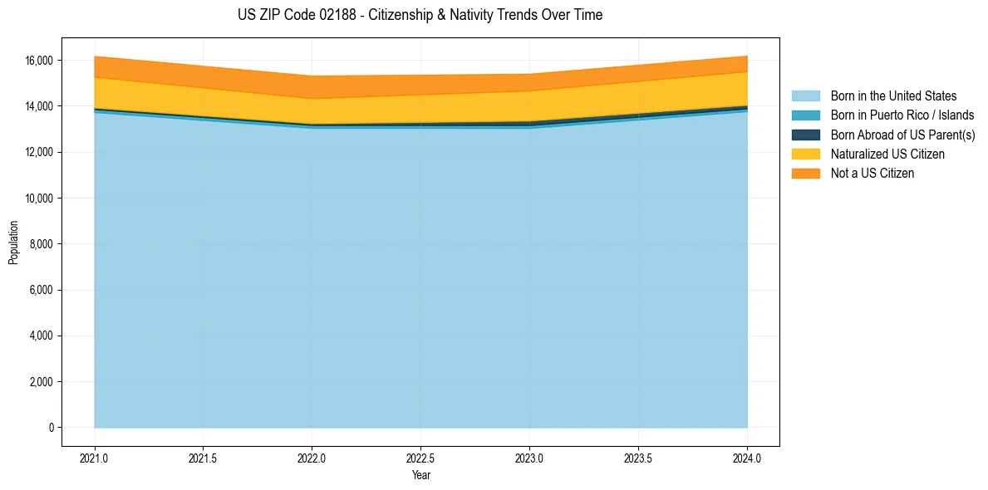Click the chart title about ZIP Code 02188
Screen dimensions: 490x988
tap(420, 15)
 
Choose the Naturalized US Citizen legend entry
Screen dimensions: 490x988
tap(887, 154)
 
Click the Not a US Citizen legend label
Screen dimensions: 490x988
tap(872, 174)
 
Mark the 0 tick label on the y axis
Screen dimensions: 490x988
tap(51, 428)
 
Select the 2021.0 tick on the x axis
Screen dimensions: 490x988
tap(95, 458)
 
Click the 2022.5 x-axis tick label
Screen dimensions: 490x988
tap(420, 458)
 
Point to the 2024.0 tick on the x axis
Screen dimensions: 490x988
tap(747, 458)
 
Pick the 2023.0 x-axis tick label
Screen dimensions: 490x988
tap(529, 458)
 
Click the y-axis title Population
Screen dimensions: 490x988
tap(13, 243)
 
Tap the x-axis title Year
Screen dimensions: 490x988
tap(420, 475)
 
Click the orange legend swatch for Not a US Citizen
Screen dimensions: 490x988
tap(805, 174)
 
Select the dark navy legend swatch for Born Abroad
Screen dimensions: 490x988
tap(805, 135)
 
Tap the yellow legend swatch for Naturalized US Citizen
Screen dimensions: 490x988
tap(805, 154)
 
